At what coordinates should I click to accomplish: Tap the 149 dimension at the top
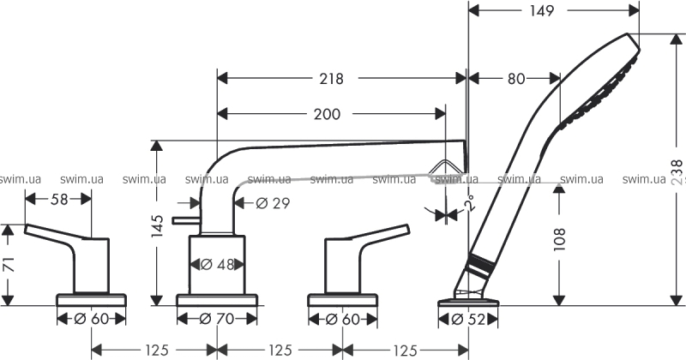tap(541, 11)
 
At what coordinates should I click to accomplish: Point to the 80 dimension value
tap(514, 79)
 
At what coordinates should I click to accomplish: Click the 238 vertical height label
tap(677, 171)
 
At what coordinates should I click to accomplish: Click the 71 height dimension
tap(9, 264)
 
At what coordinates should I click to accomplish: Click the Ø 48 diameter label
tap(217, 264)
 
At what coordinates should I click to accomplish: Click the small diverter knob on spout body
tap(184, 221)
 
